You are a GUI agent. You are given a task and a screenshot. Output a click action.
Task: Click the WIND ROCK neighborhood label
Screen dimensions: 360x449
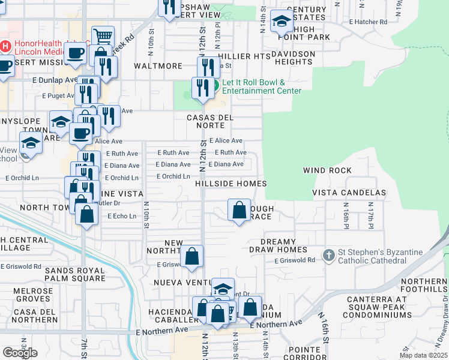327,170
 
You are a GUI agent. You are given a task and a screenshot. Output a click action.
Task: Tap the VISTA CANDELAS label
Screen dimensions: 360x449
349,193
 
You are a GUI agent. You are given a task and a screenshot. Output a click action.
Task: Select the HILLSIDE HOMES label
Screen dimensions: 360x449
231,183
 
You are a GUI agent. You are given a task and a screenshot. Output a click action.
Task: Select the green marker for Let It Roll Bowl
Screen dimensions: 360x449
214,86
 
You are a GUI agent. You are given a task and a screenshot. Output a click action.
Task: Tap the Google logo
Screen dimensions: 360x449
20,352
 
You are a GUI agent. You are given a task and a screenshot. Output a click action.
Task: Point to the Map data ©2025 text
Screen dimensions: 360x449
423,355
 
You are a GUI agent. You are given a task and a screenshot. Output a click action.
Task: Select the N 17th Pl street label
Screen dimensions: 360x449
368,215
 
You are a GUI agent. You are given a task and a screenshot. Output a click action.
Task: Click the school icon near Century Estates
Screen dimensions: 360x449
280,22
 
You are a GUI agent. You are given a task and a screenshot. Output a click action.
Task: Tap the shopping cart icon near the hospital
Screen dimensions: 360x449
103,36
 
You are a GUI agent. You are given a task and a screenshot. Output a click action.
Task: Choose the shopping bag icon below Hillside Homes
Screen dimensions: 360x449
239,210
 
